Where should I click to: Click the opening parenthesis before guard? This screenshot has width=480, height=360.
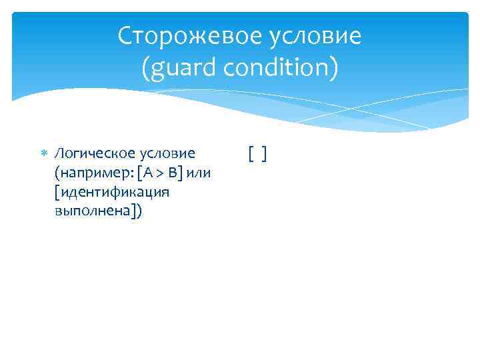click(x=146, y=68)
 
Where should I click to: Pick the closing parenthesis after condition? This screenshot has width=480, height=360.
click(x=334, y=68)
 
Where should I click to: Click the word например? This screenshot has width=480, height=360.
click(x=90, y=174)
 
